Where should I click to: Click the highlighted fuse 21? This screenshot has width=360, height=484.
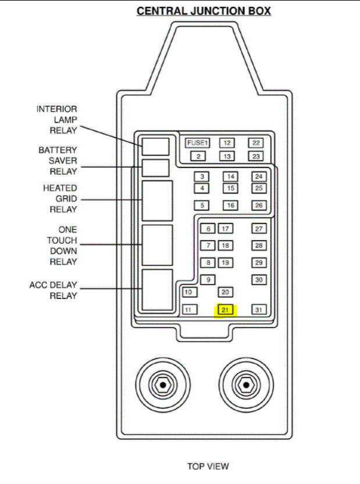point(225,310)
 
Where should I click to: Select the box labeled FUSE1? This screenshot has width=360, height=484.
point(197,143)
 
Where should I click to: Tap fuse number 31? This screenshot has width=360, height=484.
point(259,310)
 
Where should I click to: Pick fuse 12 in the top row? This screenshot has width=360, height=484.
point(227,143)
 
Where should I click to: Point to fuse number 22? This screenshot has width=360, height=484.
point(256,143)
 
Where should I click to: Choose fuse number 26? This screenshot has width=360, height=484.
point(259,205)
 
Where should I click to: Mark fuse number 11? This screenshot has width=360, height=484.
point(188,310)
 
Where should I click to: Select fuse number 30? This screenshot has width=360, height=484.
point(259,280)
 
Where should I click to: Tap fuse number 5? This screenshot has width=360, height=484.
point(202,205)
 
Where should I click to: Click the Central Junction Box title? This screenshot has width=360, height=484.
point(204,12)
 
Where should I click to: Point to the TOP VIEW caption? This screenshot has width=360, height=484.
point(208,466)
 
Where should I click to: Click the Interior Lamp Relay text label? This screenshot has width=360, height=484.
point(57,120)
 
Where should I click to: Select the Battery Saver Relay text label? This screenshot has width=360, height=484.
point(57,161)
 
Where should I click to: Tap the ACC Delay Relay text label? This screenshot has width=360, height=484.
point(54,290)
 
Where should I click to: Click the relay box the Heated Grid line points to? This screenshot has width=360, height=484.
point(157,200)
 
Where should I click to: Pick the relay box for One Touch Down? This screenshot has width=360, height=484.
point(157,244)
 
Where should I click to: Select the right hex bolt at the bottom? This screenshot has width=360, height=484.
point(246,385)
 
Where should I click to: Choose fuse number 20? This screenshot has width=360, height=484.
point(226,292)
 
